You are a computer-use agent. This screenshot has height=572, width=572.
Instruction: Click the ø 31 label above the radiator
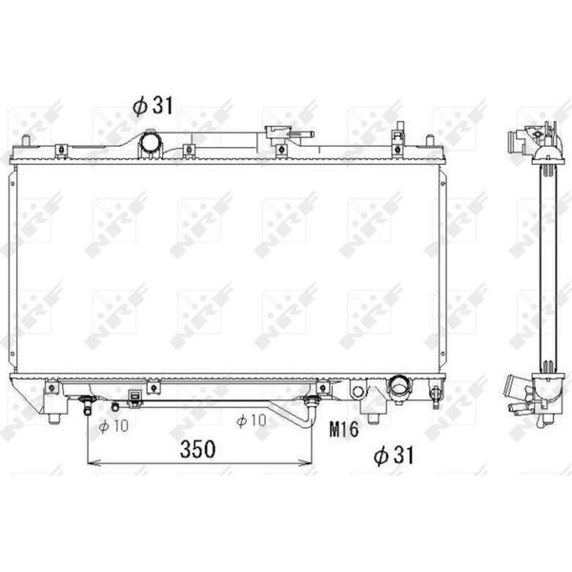[153, 106]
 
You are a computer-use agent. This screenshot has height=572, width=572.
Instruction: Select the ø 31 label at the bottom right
[394, 456]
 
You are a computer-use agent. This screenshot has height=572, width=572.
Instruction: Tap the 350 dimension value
[197, 449]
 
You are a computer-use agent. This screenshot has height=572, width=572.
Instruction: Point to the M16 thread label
[344, 429]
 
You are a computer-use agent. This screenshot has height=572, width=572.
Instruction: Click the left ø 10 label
[113, 426]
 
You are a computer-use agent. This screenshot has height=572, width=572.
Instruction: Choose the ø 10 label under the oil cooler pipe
[252, 420]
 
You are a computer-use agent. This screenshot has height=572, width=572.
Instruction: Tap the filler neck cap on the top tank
[279, 132]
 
